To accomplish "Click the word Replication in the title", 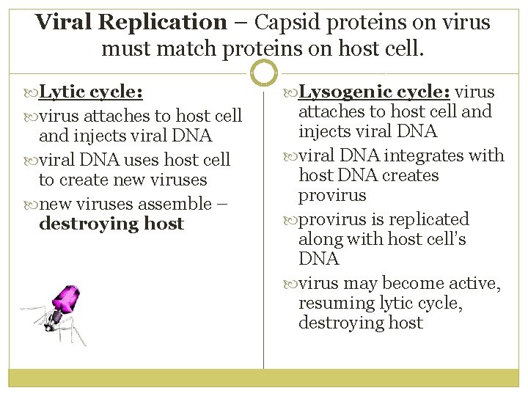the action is point(163,22).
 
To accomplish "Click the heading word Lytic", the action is point(62,92).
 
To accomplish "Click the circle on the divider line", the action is point(263,73).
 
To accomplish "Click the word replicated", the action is point(429,219).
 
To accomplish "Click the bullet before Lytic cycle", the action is point(30,93).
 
